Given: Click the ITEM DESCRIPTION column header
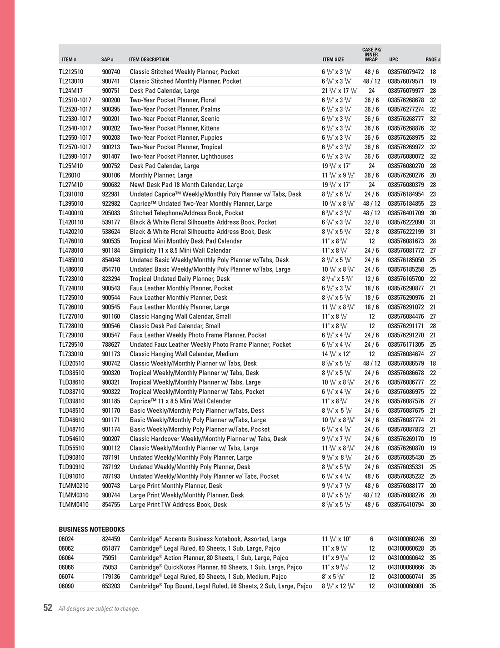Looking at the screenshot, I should coord(149,60).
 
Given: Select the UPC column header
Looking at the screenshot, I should coord(393,60).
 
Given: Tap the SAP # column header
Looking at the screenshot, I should coord(107,60).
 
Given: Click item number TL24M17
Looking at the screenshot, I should coord(70,91).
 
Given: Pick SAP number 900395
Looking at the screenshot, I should coord(111,109).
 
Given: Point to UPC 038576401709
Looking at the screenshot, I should coord(405,213).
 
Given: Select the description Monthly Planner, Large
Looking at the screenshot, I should coord(161,175).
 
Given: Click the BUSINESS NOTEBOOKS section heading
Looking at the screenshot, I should coord(91,529).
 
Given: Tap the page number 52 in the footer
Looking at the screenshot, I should coord(48,608).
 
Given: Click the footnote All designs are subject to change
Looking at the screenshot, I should coord(99,609).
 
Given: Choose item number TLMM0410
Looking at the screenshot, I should coord(74,504).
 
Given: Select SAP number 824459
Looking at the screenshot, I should coord(111,539).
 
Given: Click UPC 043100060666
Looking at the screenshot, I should coord(405,567).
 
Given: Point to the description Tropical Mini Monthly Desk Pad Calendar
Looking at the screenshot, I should coord(186,241).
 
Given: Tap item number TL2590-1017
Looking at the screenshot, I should coord(75,157).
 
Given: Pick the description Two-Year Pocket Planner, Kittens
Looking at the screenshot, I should coord(175,128).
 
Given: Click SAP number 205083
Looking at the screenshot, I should coord(111,213).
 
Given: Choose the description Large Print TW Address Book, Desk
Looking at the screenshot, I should coord(178,504).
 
